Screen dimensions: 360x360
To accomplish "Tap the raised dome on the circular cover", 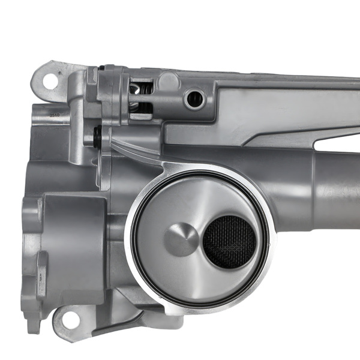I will (x=181, y=239).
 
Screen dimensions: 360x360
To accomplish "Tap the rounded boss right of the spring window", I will (x=169, y=81).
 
